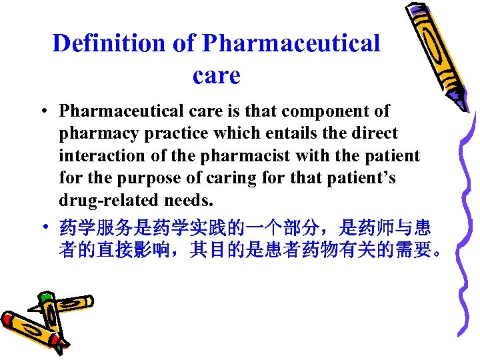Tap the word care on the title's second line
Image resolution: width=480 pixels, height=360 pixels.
(216, 75)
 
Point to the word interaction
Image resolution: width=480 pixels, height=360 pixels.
(100, 156)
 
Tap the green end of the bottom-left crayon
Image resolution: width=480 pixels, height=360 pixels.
(46, 297)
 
